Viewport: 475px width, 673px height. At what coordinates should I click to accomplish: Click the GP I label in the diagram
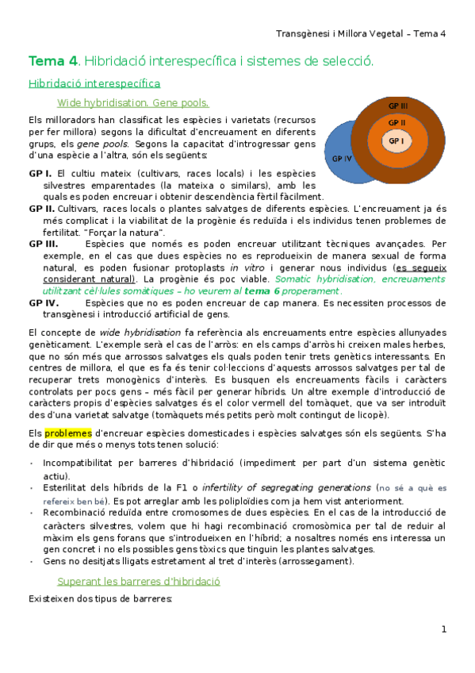396,141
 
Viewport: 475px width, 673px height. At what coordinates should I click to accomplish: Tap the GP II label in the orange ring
396,123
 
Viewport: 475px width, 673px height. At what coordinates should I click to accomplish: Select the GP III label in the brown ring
398,106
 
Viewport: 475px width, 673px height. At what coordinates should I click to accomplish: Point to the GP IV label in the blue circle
342,159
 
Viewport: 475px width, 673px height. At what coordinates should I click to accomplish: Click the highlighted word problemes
67,433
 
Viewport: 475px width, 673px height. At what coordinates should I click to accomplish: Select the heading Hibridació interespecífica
94,83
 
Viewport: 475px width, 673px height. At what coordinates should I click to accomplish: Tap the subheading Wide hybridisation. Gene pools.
133,102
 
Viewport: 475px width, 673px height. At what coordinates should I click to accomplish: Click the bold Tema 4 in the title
53,60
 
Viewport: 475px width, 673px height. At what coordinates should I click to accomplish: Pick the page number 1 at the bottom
444,629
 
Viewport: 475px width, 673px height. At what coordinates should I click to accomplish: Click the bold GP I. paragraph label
40,173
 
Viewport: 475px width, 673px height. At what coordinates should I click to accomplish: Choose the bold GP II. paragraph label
42,208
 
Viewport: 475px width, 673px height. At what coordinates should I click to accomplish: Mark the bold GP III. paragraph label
44,244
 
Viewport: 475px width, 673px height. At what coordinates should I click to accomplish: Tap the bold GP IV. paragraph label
44,302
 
